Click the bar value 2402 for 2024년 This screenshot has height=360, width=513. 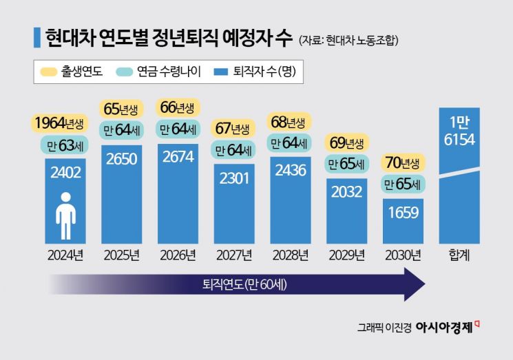[x=65, y=172]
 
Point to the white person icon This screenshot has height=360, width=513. [x=65, y=214]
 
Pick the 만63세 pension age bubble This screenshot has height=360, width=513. [x=65, y=146]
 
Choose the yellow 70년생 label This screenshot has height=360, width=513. [x=403, y=163]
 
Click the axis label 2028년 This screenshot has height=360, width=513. [x=291, y=255]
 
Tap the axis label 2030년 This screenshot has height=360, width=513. [x=403, y=255]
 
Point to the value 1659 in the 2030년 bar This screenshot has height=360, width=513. [x=403, y=213]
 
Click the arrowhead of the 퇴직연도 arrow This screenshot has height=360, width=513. [x=415, y=284]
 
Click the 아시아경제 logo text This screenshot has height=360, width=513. [x=443, y=327]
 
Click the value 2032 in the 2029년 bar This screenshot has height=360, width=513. [x=347, y=192]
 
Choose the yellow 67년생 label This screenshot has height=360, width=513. [x=234, y=129]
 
